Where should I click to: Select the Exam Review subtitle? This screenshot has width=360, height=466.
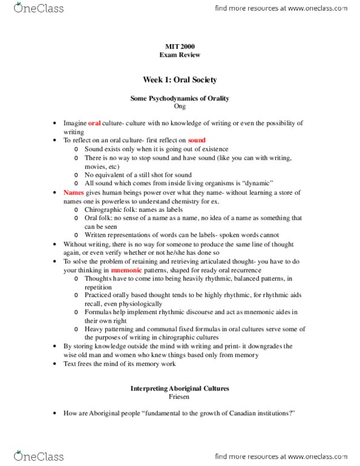click(x=179, y=55)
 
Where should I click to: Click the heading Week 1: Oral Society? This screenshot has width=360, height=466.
click(x=179, y=79)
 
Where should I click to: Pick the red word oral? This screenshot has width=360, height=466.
click(x=94, y=122)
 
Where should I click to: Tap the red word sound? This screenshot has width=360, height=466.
click(x=197, y=139)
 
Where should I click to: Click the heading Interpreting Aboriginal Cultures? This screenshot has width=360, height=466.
click(x=179, y=389)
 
